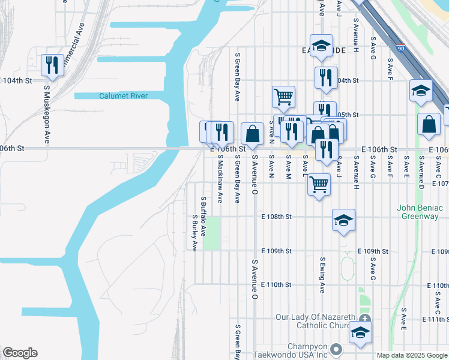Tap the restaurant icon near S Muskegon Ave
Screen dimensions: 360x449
pos(52,65)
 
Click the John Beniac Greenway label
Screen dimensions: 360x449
pos(418,212)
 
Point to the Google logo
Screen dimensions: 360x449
pos(20,353)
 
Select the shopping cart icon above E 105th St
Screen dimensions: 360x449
pos(283,96)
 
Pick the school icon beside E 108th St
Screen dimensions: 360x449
pos(343,220)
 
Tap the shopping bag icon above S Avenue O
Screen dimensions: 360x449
pos(253,134)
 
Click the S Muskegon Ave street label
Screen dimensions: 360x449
pos(46,114)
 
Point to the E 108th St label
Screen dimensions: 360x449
pos(276,217)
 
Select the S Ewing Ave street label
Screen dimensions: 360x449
pos(322,274)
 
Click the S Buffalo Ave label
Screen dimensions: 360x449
pos(203,216)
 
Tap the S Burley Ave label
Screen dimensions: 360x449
pos(194,233)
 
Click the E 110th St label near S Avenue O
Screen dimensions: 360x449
pos(276,284)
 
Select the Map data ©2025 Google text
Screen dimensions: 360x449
pos(412,355)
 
